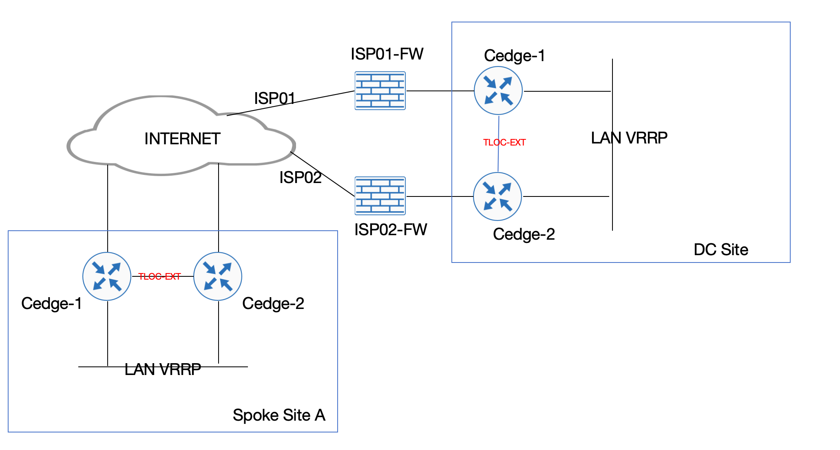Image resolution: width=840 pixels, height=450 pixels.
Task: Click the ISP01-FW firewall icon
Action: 380,90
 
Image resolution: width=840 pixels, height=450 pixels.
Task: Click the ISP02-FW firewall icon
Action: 380,196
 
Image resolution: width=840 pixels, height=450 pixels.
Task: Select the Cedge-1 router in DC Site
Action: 498,90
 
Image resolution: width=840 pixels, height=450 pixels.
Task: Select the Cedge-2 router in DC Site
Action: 497,196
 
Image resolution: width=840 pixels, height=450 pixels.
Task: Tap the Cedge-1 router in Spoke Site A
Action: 107,276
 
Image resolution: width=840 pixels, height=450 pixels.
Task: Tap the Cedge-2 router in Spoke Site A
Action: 218,276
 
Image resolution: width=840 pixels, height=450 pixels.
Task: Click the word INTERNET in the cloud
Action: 182,139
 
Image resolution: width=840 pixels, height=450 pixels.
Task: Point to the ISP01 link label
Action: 274,98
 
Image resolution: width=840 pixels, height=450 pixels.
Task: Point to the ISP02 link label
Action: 301,178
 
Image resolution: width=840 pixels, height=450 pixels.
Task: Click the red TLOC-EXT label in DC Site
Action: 504,143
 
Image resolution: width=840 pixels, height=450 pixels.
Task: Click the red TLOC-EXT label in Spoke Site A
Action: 159,277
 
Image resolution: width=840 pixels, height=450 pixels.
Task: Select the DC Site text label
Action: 721,249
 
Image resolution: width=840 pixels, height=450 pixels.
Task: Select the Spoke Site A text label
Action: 279,415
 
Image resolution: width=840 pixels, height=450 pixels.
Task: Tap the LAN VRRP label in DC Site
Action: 629,138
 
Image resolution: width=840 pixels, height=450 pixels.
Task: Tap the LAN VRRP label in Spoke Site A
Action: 163,369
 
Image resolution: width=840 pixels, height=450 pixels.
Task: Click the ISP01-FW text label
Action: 387,54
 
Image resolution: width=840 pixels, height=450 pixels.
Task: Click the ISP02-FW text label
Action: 391,230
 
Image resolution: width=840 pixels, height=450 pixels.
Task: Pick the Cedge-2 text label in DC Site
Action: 524,234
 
